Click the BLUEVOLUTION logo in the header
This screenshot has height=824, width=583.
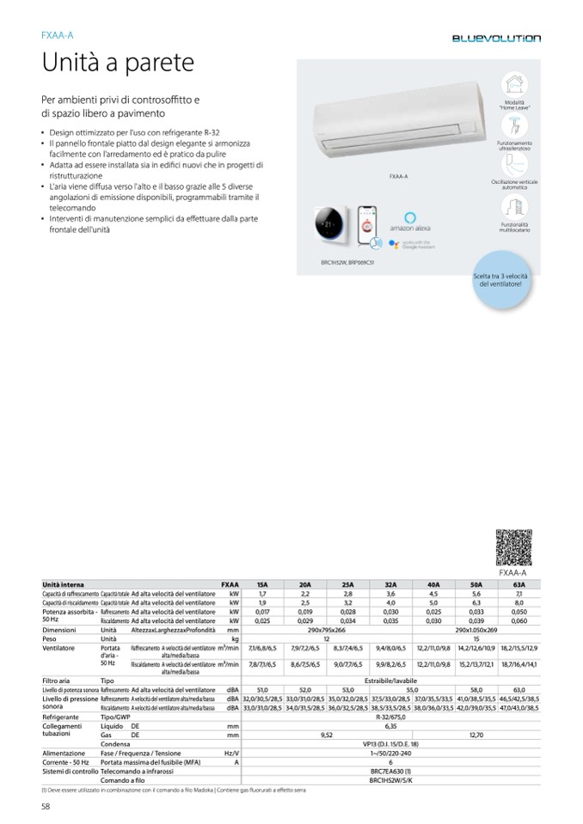click(x=497, y=39)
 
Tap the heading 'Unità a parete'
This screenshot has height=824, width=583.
click(x=118, y=64)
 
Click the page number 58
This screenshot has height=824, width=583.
click(x=46, y=805)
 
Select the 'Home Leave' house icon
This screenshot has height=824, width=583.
click(x=514, y=84)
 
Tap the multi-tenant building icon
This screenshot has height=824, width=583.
click(x=514, y=206)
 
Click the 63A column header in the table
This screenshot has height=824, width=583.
click(x=518, y=584)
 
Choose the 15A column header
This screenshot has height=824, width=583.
click(x=262, y=584)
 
